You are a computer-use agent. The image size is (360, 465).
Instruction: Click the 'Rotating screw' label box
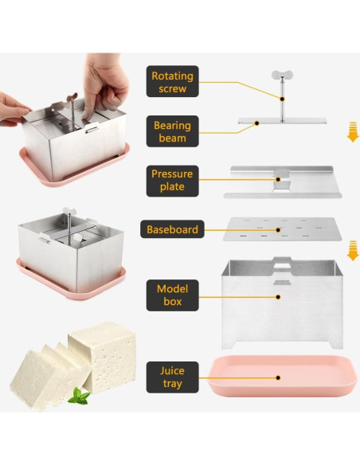coord(172,81)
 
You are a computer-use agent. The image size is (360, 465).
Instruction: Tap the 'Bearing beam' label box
coord(172,131)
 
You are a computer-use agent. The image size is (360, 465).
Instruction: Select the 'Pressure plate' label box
coord(172,181)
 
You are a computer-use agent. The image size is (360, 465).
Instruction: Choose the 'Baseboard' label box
coord(172,229)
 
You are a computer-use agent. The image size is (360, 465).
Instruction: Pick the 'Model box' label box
coord(172,295)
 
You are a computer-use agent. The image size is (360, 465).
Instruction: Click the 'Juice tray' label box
coord(172,377)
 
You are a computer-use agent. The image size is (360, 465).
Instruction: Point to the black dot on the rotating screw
coord(282,99)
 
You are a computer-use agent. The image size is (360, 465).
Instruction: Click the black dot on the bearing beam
coord(257,123)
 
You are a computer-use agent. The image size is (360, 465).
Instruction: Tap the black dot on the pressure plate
coord(278,179)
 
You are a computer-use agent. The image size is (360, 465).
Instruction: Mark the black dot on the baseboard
coord(278,229)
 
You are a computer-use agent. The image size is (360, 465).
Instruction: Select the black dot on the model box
coord(278,296)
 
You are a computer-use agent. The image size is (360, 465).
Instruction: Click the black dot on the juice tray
coord(278,377)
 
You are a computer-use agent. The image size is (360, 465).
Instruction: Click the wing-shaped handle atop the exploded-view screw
coord(282,75)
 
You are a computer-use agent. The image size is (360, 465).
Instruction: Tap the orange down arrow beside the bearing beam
coord(353,131)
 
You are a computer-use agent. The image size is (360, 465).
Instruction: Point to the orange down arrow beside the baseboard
coord(353,251)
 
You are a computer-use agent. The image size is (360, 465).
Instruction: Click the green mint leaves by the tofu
coord(79,396)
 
